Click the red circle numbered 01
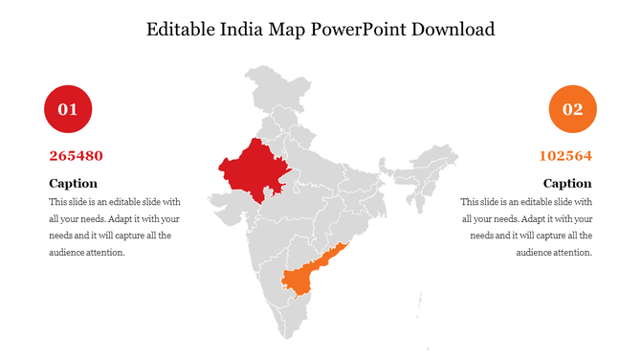pyautogui.click(x=68, y=109)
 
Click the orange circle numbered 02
pyautogui.click(x=572, y=109)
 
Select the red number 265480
pyautogui.click(x=76, y=155)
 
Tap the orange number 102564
pyautogui.click(x=565, y=155)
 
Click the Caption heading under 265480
pyautogui.click(x=73, y=183)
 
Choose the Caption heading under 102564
pyautogui.click(x=567, y=183)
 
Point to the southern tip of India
pyautogui.click(x=286, y=336)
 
